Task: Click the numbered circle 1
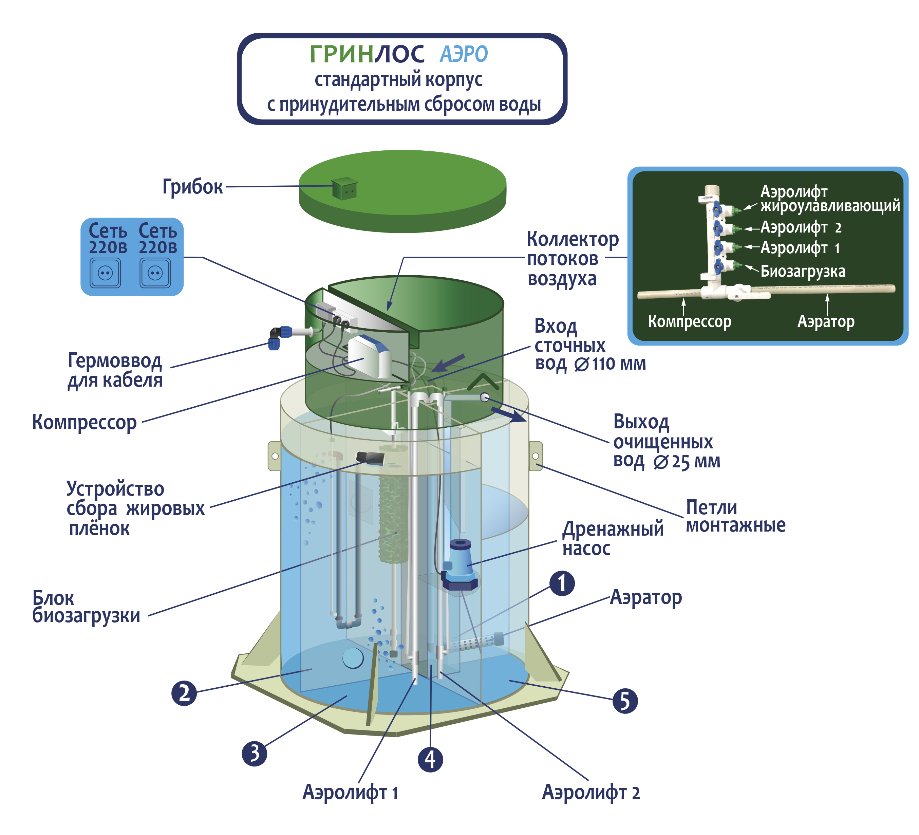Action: point(562,583)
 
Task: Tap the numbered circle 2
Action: point(184,693)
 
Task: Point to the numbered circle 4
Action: point(430,759)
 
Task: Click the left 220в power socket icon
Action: point(105,273)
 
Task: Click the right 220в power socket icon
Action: point(155,273)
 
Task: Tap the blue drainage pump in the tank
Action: point(459,565)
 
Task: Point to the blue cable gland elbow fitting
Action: point(277,337)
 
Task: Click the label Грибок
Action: point(193,187)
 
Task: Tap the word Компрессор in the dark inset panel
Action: point(690,321)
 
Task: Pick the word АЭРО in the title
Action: point(464,54)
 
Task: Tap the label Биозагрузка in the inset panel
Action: point(803,271)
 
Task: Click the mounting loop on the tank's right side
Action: point(536,456)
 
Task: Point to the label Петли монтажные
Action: point(736,516)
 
